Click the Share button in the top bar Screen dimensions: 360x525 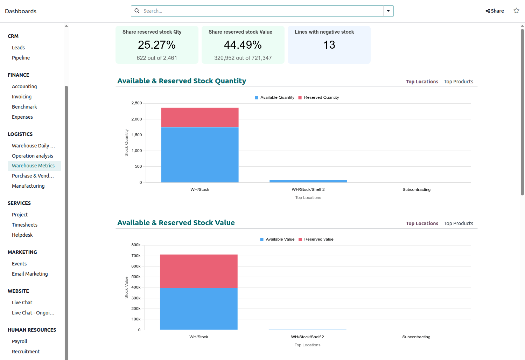(x=495, y=11)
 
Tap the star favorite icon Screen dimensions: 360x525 (x=516, y=11)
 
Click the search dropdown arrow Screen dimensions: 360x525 (x=388, y=11)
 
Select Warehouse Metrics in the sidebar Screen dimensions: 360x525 (x=33, y=166)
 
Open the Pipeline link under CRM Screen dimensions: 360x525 (x=21, y=58)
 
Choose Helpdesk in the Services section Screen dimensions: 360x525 (x=22, y=235)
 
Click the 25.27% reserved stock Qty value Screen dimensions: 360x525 (x=156, y=45)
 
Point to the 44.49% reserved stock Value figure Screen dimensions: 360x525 (x=243, y=45)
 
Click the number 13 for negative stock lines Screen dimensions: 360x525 (x=329, y=45)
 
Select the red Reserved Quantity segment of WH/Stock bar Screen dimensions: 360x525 (x=200, y=117)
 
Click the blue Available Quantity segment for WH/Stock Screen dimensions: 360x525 (x=200, y=154)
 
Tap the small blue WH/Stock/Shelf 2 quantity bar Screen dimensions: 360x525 (x=308, y=181)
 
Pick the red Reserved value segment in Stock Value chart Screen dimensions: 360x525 (x=199, y=271)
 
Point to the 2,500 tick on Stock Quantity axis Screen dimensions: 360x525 (x=136, y=103)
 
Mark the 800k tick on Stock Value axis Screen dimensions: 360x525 (x=136, y=245)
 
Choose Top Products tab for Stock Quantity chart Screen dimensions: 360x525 (x=458, y=82)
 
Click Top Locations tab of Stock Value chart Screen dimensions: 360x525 (x=422, y=223)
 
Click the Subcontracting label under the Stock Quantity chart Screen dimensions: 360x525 (x=416, y=189)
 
